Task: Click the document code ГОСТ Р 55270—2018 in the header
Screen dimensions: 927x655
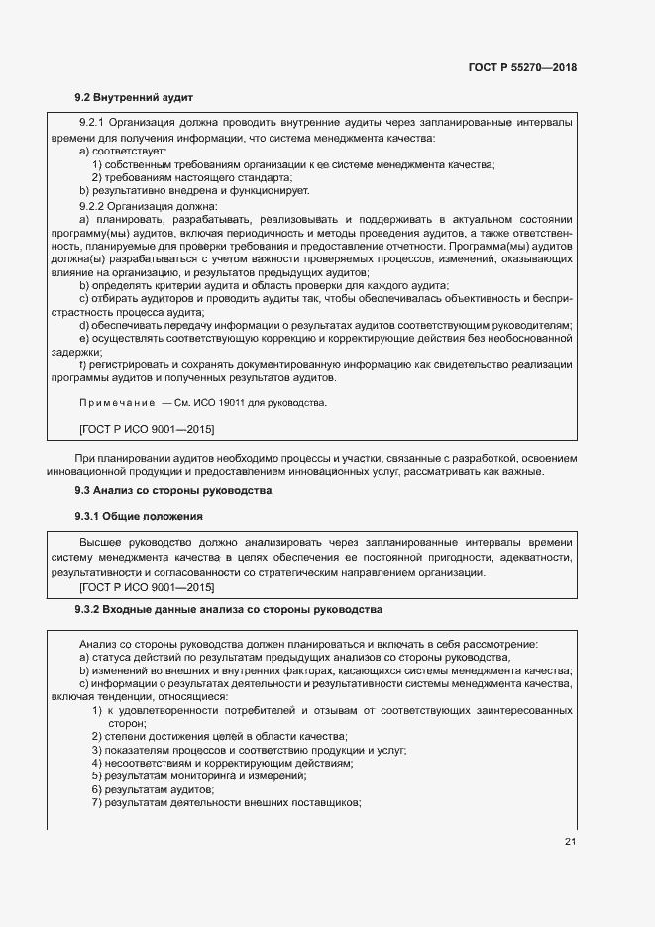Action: click(522, 68)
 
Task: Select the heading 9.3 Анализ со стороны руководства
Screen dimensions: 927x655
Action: click(173, 490)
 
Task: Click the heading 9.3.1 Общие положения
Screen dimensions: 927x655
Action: click(139, 517)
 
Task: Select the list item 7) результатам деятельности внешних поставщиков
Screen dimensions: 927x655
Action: click(226, 802)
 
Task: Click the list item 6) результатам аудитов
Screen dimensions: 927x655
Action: click(154, 789)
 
